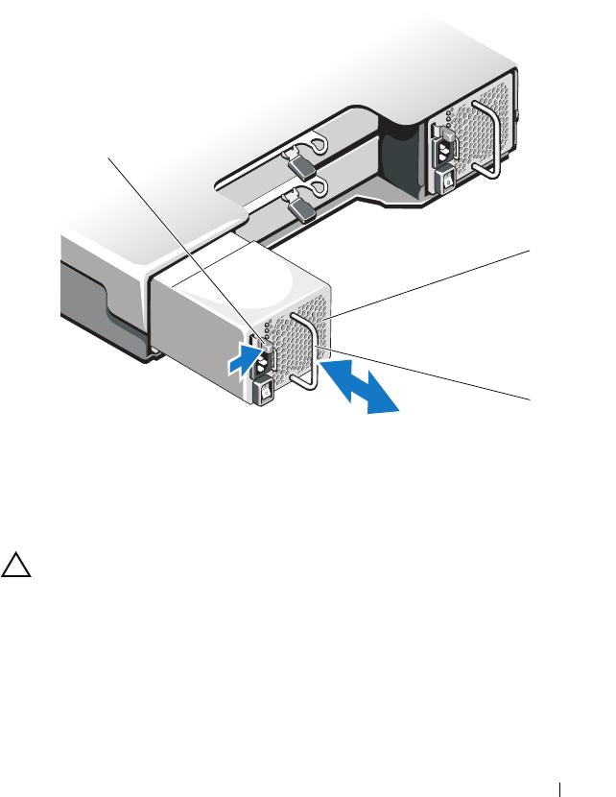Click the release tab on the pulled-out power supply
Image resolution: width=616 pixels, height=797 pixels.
(257, 342)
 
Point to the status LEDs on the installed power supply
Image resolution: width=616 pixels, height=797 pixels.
(451, 125)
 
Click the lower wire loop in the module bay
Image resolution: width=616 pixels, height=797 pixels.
(318, 188)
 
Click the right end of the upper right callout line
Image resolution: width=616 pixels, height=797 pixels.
(527, 250)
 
